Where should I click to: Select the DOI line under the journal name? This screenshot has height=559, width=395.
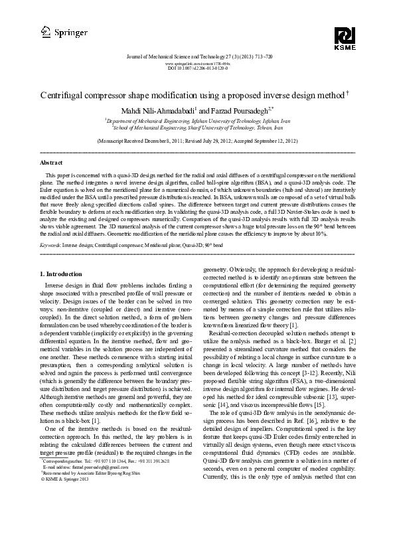coord(197,68)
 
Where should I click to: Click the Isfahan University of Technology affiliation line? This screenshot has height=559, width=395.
coord(197,121)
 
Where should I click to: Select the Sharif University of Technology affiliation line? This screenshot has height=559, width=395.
coord(197,128)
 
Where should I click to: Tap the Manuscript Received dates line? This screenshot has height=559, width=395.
coord(197,141)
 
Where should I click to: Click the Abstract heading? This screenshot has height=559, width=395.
coord(52,162)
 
